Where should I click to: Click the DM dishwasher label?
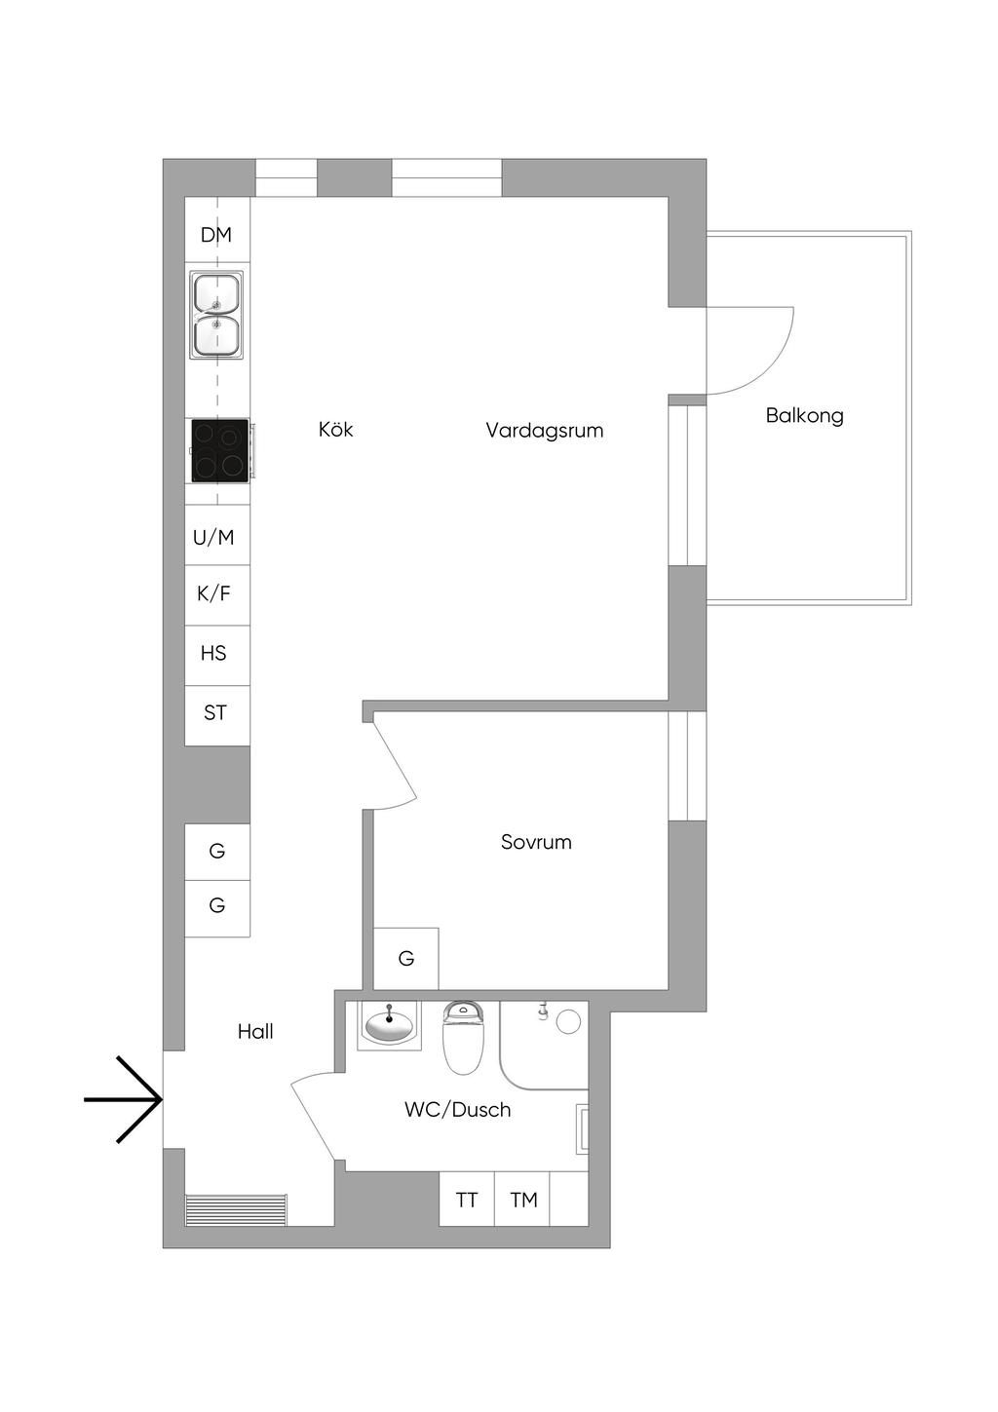point(216,235)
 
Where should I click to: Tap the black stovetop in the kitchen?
point(219,450)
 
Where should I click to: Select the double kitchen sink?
point(216,314)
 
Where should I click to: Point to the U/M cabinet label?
point(214,537)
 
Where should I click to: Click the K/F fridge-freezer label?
point(214,593)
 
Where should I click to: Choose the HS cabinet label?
point(214,653)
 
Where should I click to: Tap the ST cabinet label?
point(215,713)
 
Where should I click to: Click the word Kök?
point(336,430)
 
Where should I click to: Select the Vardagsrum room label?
point(545,431)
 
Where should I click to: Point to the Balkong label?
point(805,416)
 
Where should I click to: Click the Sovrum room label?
point(536,842)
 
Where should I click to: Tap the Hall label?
point(255,1032)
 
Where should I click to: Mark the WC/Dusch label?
point(458,1110)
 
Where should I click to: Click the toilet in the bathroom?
point(463,1039)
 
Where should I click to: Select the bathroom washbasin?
point(390,1025)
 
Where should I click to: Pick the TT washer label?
point(467,1200)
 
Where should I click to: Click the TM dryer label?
point(523,1200)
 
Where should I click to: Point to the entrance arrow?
point(127,1099)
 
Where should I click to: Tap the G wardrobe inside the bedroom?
point(406,959)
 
